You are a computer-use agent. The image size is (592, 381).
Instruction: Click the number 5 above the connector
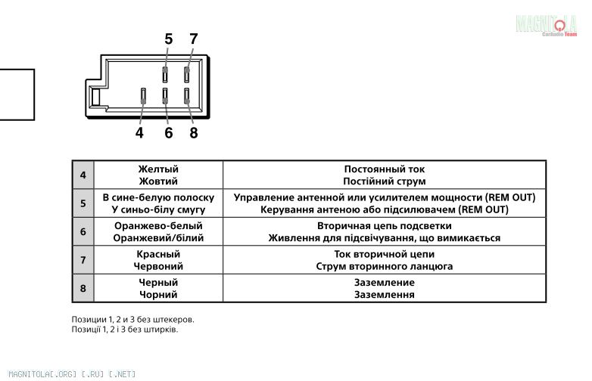tap(168, 39)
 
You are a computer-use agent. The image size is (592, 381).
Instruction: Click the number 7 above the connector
tap(194, 39)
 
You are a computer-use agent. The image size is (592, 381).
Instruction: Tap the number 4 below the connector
tap(139, 133)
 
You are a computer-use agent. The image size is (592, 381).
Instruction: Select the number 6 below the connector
tap(168, 133)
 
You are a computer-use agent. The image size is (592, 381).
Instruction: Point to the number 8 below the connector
tap(194, 133)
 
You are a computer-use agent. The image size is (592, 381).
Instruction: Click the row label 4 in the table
tap(83, 175)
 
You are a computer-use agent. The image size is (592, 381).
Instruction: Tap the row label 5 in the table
tap(83, 203)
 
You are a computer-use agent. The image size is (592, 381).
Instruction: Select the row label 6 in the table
tap(83, 231)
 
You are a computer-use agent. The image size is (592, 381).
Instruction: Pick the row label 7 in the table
tap(83, 260)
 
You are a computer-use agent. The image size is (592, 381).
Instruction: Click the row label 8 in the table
tap(83, 288)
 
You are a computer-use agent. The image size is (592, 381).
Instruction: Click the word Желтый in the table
tap(158, 169)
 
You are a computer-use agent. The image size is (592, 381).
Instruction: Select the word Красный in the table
tap(158, 255)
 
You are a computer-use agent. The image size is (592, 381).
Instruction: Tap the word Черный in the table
tap(158, 283)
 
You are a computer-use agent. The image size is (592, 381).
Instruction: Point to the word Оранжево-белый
tap(158, 226)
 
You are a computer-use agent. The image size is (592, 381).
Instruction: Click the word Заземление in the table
tap(384, 283)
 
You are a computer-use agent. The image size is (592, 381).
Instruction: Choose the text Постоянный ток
tap(384, 169)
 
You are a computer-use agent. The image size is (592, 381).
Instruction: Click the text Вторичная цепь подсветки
tap(384, 226)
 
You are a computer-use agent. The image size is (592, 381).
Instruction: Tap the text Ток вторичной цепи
tap(384, 255)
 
